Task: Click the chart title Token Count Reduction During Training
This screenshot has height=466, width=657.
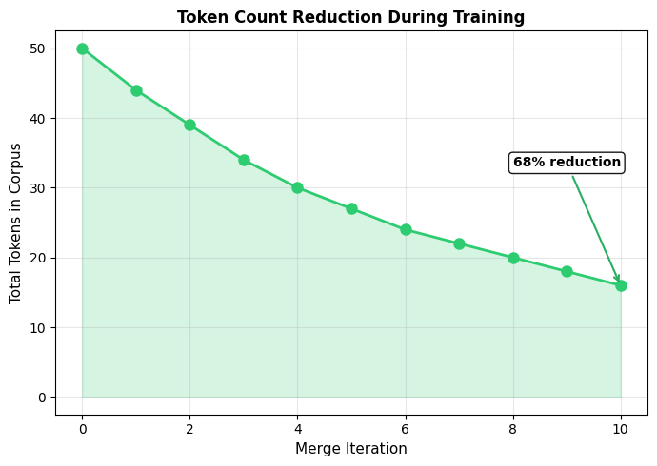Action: coord(350,17)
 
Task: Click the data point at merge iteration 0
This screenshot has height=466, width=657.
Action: coord(82,49)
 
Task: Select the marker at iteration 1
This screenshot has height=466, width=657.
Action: coord(136,90)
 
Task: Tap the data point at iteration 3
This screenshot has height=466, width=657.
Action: coord(244,160)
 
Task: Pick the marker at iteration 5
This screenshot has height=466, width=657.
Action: coord(351,208)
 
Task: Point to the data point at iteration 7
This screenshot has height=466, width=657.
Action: coord(459,243)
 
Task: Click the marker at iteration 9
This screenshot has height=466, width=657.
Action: coord(567,271)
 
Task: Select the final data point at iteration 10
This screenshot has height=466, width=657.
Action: coord(621,285)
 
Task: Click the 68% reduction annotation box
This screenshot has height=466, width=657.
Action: coord(567,163)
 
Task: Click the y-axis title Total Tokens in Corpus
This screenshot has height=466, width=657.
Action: coord(15,223)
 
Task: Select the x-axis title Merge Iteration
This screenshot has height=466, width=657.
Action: coord(350,449)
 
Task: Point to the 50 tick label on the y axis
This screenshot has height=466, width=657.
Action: coord(37,49)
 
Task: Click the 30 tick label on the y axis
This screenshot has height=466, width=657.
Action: coord(37,188)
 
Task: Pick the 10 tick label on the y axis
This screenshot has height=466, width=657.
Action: coord(37,327)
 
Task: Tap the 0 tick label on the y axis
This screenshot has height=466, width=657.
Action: coord(41,398)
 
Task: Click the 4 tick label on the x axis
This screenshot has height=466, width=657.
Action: coord(297,429)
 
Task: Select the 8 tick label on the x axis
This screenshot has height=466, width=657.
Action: coord(513,429)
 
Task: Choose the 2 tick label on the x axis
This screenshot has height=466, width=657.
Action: coord(189,429)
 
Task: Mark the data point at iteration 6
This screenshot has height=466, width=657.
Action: coord(406,229)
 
